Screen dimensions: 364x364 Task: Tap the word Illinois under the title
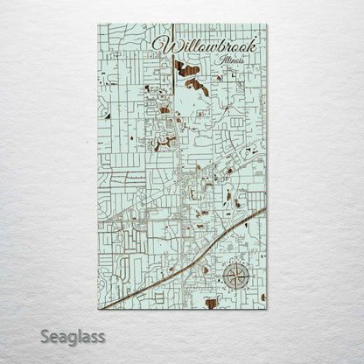click(226, 59)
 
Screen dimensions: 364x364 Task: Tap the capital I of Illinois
click(211, 59)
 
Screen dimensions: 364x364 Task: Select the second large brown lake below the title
click(196, 85)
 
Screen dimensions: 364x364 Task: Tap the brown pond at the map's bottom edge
click(211, 303)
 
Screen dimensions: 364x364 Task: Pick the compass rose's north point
click(234, 264)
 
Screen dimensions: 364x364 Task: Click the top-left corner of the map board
click(99, 24)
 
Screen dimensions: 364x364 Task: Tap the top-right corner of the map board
click(266, 24)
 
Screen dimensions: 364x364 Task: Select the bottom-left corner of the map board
click(99, 309)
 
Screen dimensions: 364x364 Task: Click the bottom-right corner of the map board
click(266, 309)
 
